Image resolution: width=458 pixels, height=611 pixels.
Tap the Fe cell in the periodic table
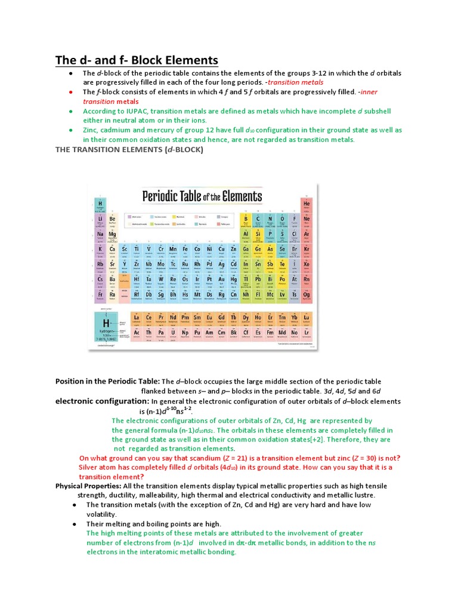pos(185,251)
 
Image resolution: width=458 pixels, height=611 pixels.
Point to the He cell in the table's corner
pos(307,205)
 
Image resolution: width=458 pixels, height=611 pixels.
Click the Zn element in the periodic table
pos(233,251)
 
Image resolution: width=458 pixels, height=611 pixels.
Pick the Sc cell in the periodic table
pos(124,251)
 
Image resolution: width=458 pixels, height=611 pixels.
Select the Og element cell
pos(307,296)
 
